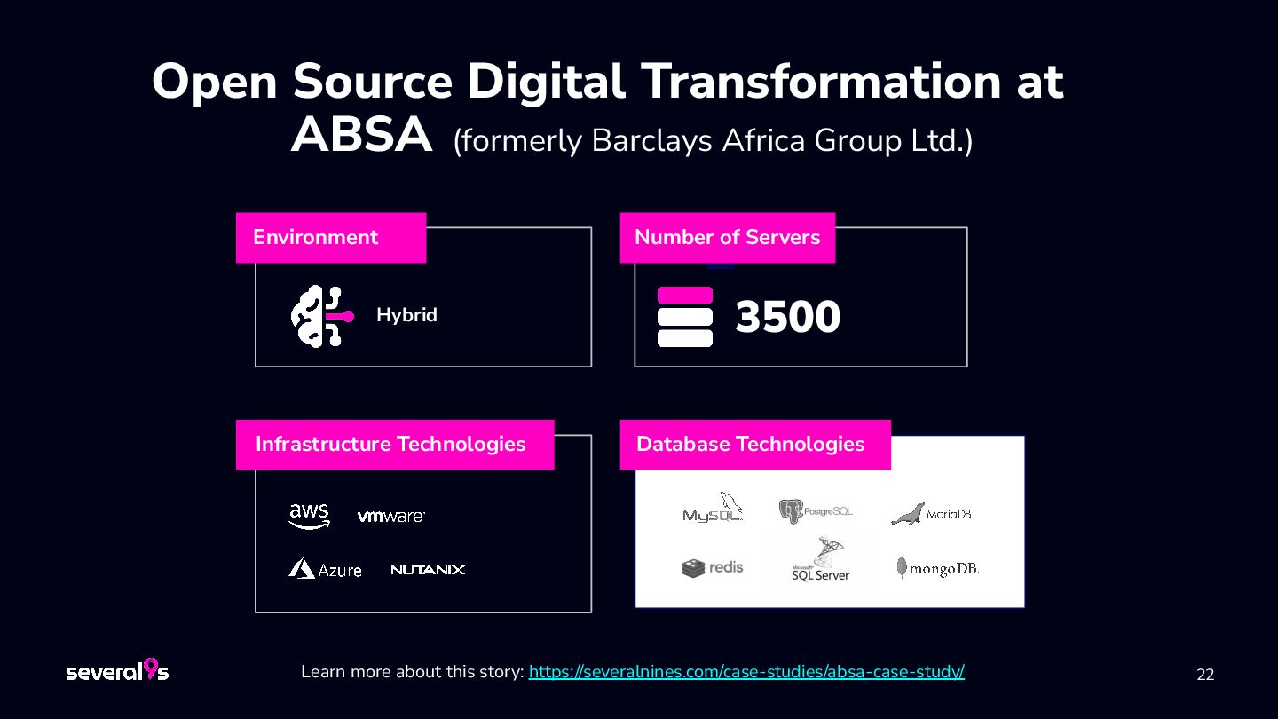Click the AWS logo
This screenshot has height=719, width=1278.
coord(309,516)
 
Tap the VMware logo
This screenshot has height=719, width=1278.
coord(390,516)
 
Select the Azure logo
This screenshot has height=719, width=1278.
coord(325,569)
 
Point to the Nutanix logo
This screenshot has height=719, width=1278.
coord(428,570)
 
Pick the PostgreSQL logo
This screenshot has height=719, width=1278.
coord(816,511)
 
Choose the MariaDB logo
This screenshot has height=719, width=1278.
coord(931,513)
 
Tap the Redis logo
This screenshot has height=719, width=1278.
coord(713,567)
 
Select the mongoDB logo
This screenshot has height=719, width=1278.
coord(937,568)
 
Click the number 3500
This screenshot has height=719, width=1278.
coord(787,317)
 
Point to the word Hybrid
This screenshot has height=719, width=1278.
coord(406,315)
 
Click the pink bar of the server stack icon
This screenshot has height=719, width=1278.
coord(685,296)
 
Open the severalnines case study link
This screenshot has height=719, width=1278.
coord(746,672)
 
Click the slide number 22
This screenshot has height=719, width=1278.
coord(1205,675)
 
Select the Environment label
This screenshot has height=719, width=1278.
coord(316,238)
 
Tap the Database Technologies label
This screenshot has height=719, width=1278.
coord(750,444)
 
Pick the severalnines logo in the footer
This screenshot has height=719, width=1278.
coord(117,671)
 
